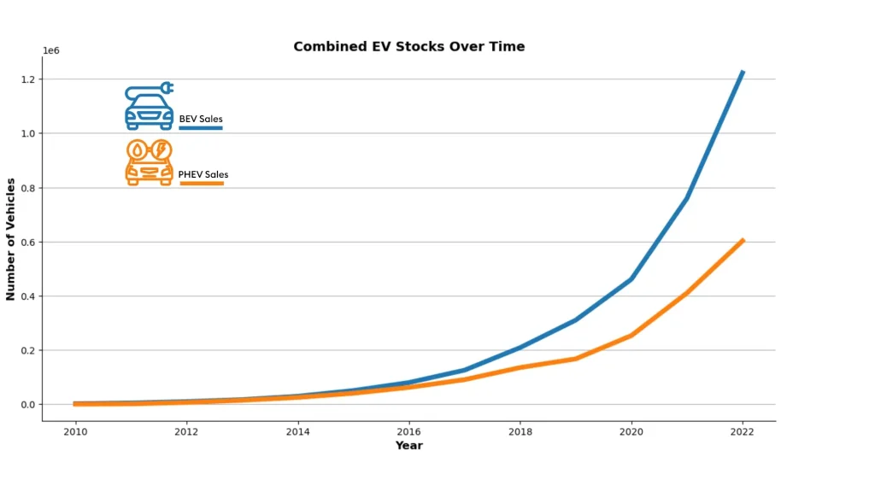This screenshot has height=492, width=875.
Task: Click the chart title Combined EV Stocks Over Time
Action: (408, 47)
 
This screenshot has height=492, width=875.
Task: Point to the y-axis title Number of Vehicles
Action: (11, 239)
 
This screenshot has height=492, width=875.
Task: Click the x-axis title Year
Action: (408, 445)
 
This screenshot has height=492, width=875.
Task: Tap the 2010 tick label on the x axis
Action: (75, 431)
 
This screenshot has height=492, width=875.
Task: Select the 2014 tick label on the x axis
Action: (297, 431)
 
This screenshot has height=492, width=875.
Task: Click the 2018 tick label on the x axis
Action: (520, 431)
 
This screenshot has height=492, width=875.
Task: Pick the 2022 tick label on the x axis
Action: (743, 431)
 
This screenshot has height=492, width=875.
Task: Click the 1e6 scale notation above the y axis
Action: (51, 51)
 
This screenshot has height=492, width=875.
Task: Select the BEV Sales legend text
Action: (201, 119)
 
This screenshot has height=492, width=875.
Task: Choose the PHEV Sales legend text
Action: (203, 174)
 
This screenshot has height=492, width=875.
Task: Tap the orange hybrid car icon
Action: (150, 162)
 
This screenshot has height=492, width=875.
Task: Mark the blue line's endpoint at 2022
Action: (743, 72)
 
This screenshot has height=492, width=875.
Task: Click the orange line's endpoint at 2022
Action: (743, 240)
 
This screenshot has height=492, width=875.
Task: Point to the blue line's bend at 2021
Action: (687, 198)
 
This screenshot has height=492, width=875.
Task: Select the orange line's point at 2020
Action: (631, 335)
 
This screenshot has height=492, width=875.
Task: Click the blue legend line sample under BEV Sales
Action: (201, 128)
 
